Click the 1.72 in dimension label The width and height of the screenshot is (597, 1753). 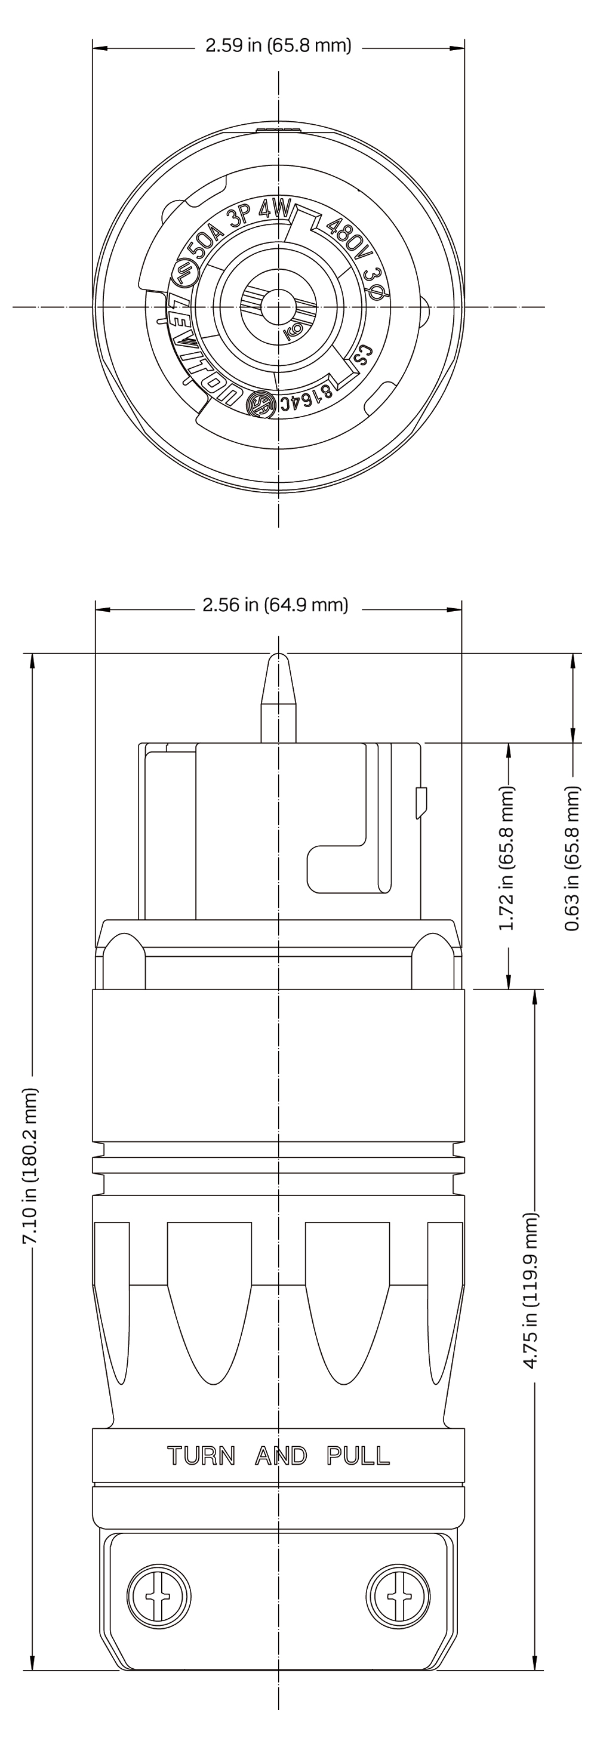507,858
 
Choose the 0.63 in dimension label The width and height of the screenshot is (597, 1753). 573,858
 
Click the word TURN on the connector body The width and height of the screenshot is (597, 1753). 202,1456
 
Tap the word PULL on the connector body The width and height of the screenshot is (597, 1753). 359,1456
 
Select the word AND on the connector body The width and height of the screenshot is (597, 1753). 281,1456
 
